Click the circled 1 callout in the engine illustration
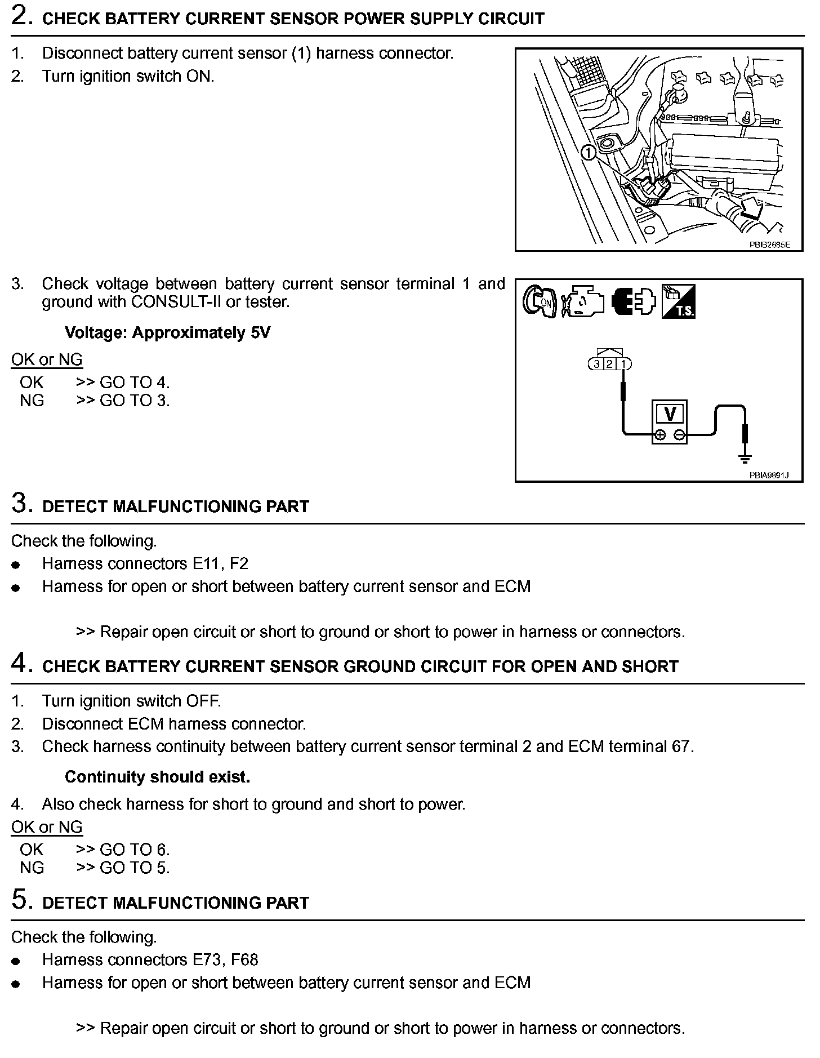(588, 152)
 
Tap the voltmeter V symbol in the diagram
(670, 414)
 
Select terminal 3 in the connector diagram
(597, 364)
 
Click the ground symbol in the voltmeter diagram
(746, 457)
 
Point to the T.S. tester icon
(679, 301)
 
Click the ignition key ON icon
(540, 301)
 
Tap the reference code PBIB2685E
(769, 245)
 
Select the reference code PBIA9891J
(769, 475)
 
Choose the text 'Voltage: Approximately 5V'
(167, 333)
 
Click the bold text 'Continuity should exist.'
(157, 777)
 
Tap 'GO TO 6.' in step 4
(135, 849)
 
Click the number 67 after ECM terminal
(681, 746)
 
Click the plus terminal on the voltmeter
(660, 434)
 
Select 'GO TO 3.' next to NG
(135, 401)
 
